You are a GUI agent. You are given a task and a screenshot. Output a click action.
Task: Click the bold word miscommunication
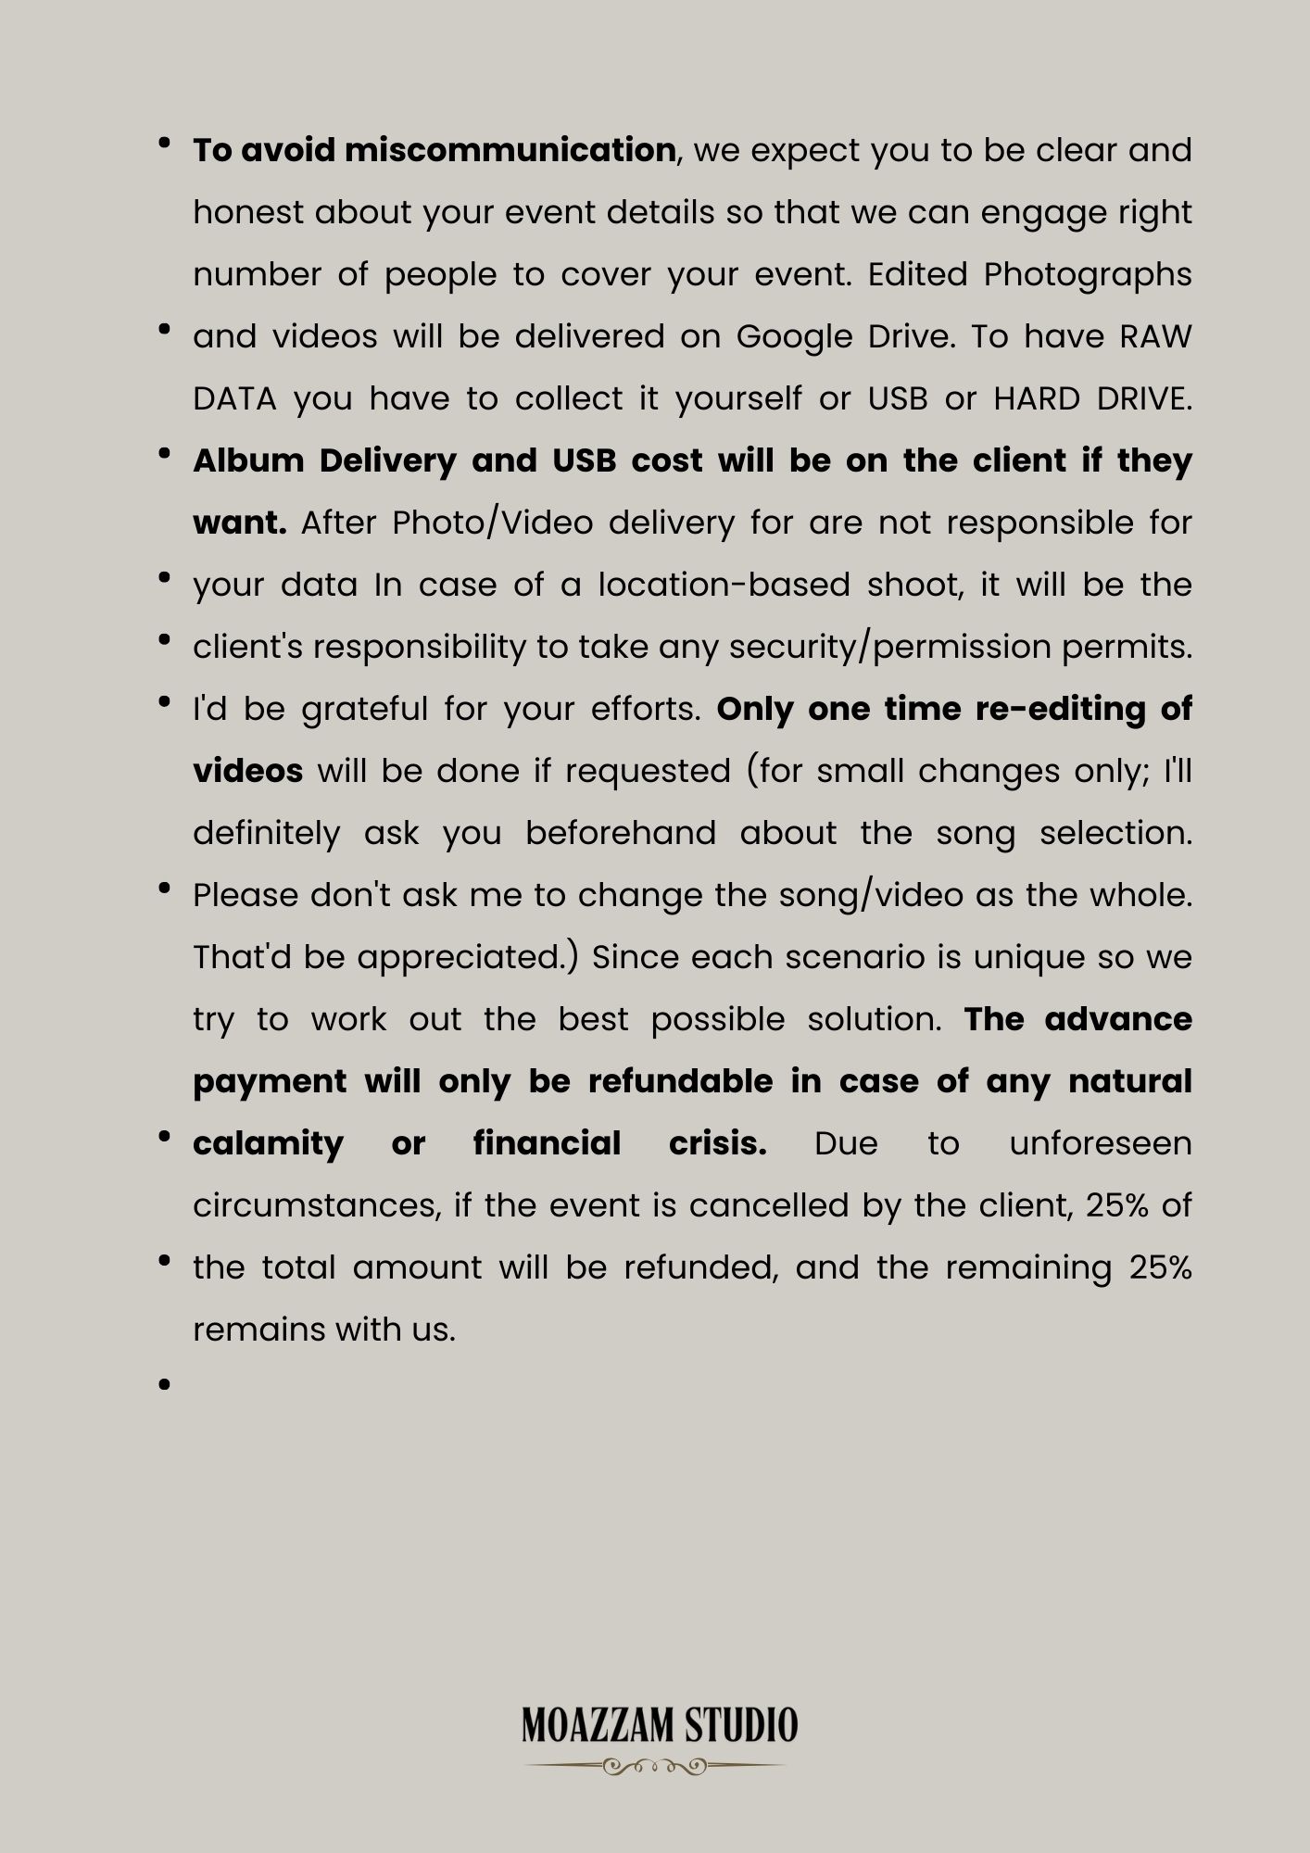pos(510,150)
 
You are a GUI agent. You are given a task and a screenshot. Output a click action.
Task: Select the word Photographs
pos(1087,275)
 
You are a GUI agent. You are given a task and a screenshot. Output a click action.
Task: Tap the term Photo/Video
pos(492,523)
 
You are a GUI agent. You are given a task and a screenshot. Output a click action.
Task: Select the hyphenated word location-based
pos(724,585)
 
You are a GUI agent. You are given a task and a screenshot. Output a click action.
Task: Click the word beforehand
pos(621,833)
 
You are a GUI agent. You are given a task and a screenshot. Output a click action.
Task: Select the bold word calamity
pos(268,1143)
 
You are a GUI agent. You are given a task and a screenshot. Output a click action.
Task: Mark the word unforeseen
pos(1100,1143)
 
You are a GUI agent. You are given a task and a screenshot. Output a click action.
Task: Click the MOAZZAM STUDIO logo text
pos(659,1725)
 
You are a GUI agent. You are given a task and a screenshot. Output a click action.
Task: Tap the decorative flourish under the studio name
pos(655,1767)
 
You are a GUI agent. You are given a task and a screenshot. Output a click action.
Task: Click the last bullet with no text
pos(165,1384)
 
